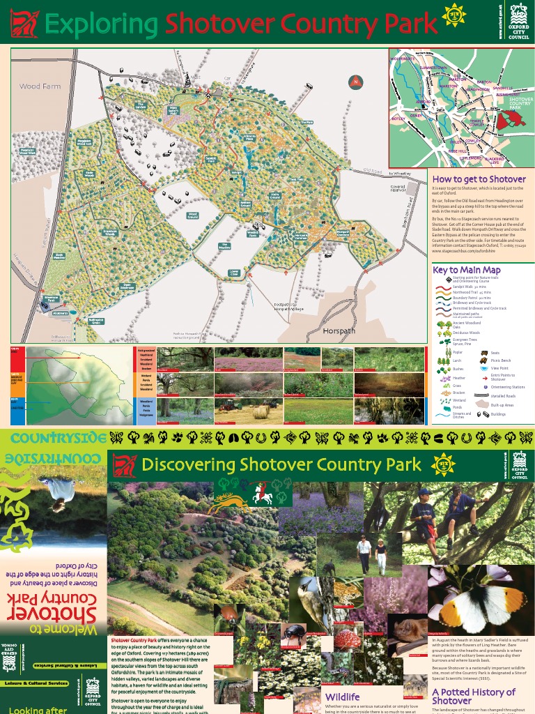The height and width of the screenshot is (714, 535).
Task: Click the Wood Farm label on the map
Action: click(40, 86)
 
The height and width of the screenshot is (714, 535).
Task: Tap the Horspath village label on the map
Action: click(340, 332)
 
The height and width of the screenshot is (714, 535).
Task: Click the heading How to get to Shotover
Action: click(479, 179)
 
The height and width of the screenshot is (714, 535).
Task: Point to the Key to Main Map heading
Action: click(467, 270)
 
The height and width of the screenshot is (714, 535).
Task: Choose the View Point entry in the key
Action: click(499, 369)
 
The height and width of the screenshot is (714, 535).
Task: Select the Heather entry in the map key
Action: click(458, 377)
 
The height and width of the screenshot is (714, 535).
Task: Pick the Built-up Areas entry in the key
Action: click(502, 404)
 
